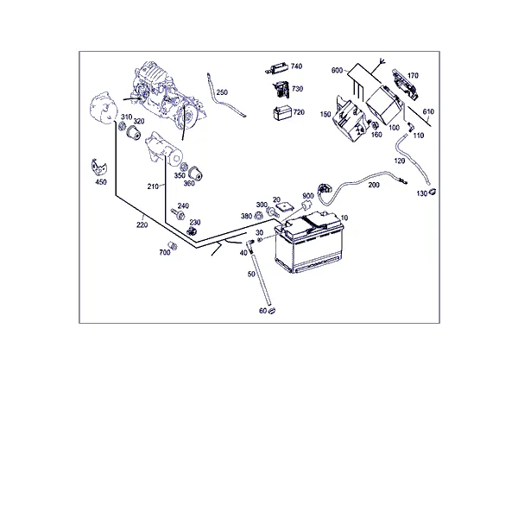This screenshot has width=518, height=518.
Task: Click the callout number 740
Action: (296, 66)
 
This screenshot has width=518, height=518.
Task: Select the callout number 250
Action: (222, 92)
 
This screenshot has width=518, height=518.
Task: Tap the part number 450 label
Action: (101, 182)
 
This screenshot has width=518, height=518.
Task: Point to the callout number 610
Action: (428, 111)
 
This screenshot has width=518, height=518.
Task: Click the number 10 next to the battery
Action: (344, 218)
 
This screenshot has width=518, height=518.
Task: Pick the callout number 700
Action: (165, 253)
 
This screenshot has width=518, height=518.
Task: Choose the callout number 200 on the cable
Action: (374, 185)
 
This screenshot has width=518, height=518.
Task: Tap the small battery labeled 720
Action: (282, 113)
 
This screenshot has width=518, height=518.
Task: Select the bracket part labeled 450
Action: (98, 167)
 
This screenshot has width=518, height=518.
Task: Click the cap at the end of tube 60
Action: (272, 311)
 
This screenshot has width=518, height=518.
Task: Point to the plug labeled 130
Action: (432, 192)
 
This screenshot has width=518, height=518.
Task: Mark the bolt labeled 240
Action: (178, 214)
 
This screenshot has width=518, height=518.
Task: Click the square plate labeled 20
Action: (285, 207)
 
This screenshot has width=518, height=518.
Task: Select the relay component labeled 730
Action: (281, 89)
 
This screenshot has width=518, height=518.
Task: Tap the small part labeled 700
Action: (173, 246)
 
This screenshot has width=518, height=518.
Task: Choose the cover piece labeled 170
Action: (405, 85)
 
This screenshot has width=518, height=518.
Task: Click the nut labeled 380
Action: (258, 217)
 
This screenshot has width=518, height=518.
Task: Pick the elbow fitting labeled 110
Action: (410, 127)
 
